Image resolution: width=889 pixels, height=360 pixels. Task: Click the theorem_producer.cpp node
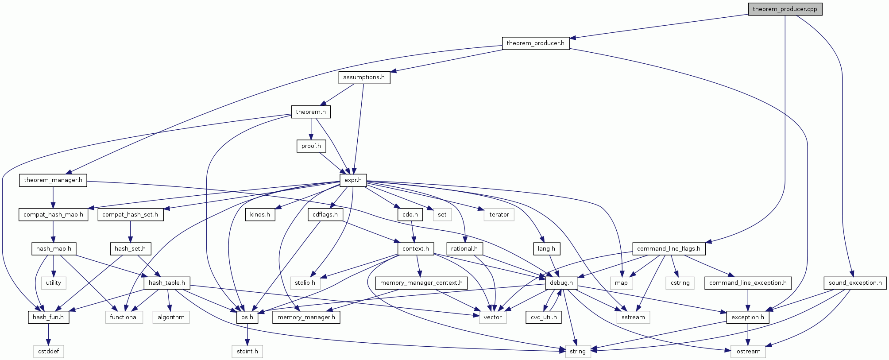pyautogui.click(x=785, y=9)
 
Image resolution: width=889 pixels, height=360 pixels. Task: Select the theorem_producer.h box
pyautogui.click(x=535, y=43)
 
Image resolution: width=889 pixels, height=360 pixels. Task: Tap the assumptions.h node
pyautogui.click(x=364, y=77)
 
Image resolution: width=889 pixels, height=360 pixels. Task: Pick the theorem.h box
pyautogui.click(x=311, y=112)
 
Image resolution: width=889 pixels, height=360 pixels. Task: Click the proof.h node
pyautogui.click(x=311, y=146)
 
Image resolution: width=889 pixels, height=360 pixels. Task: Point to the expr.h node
pyautogui.click(x=353, y=180)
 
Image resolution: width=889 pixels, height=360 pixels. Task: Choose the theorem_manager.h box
pyautogui.click(x=53, y=180)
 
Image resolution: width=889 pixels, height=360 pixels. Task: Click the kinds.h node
pyautogui.click(x=260, y=215)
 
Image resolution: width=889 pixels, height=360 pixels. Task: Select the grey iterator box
pyautogui.click(x=499, y=215)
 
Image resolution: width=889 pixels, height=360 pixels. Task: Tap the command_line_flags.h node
pyautogui.click(x=669, y=249)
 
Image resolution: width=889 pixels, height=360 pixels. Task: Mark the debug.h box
pyautogui.click(x=561, y=283)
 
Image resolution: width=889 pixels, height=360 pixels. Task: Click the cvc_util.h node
pyautogui.click(x=544, y=317)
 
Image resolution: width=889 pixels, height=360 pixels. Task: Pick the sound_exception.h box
pyautogui.click(x=855, y=283)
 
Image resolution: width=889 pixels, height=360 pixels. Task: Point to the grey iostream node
pyautogui.click(x=747, y=352)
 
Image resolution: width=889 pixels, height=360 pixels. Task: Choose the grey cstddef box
pyautogui.click(x=49, y=352)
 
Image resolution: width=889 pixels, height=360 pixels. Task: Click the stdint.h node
pyautogui.click(x=247, y=352)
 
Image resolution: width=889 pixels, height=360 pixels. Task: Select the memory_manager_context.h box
pyautogui.click(x=421, y=283)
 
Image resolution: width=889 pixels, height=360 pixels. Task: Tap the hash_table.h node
pyautogui.click(x=166, y=283)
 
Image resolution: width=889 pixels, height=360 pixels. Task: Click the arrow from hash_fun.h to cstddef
pyautogui.click(x=49, y=334)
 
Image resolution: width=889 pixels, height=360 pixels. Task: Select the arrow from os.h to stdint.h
pyautogui.click(x=247, y=334)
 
